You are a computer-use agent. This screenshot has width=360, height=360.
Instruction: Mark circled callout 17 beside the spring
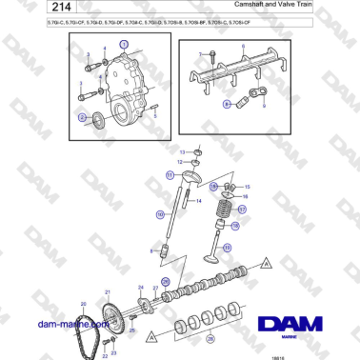tap(242, 210)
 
